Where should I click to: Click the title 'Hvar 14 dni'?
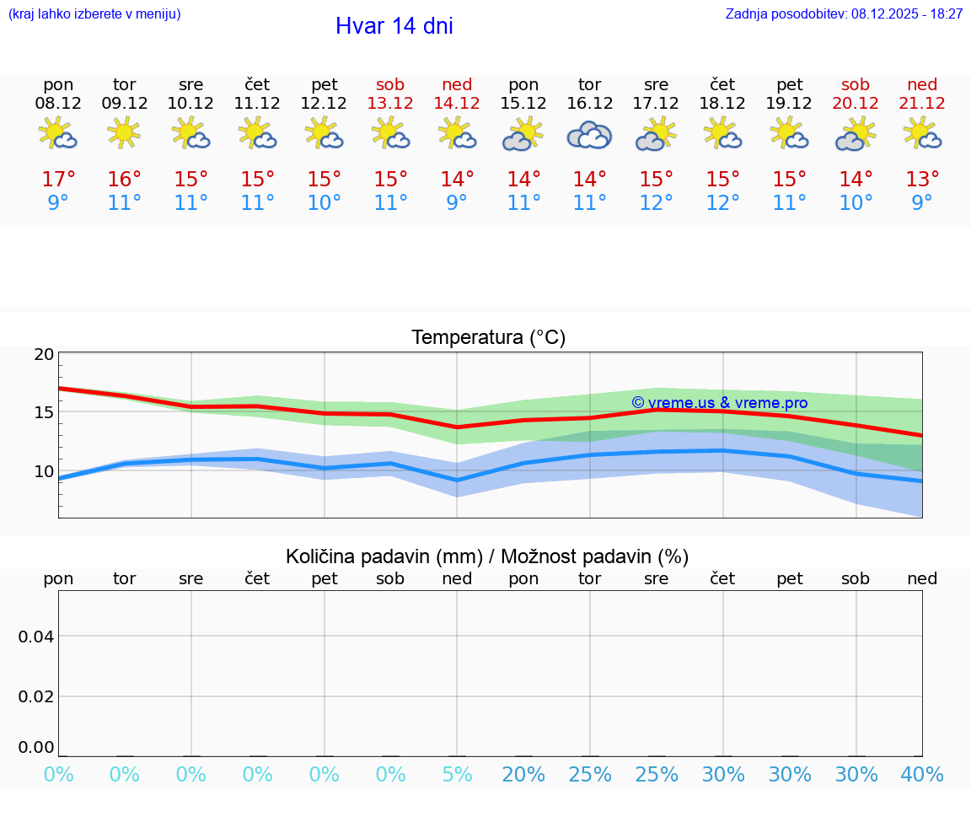pos(394,26)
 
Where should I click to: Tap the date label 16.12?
pos(590,103)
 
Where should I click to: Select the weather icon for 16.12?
pos(590,135)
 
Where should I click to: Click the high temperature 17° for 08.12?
pos(58,180)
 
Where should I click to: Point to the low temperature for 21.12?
pos(922,203)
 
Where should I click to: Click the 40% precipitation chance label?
pos(922,775)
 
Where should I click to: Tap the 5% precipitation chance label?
pos(457,775)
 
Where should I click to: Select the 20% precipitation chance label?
pos(523,775)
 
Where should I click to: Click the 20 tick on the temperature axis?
pos(44,354)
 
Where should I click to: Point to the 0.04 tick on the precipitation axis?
pos(37,637)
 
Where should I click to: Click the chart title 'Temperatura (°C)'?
pos(488,337)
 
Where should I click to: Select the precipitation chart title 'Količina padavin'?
pos(487,556)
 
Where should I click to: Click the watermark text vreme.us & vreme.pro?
pos(719,403)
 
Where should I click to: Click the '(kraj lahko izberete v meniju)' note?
pos(94,14)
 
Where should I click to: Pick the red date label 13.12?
pos(390,103)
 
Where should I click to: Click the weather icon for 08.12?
pos(58,135)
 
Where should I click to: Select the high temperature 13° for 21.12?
pos(922,180)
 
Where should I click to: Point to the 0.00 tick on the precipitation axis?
pos(37,747)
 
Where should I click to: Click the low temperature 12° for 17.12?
pos(656,203)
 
